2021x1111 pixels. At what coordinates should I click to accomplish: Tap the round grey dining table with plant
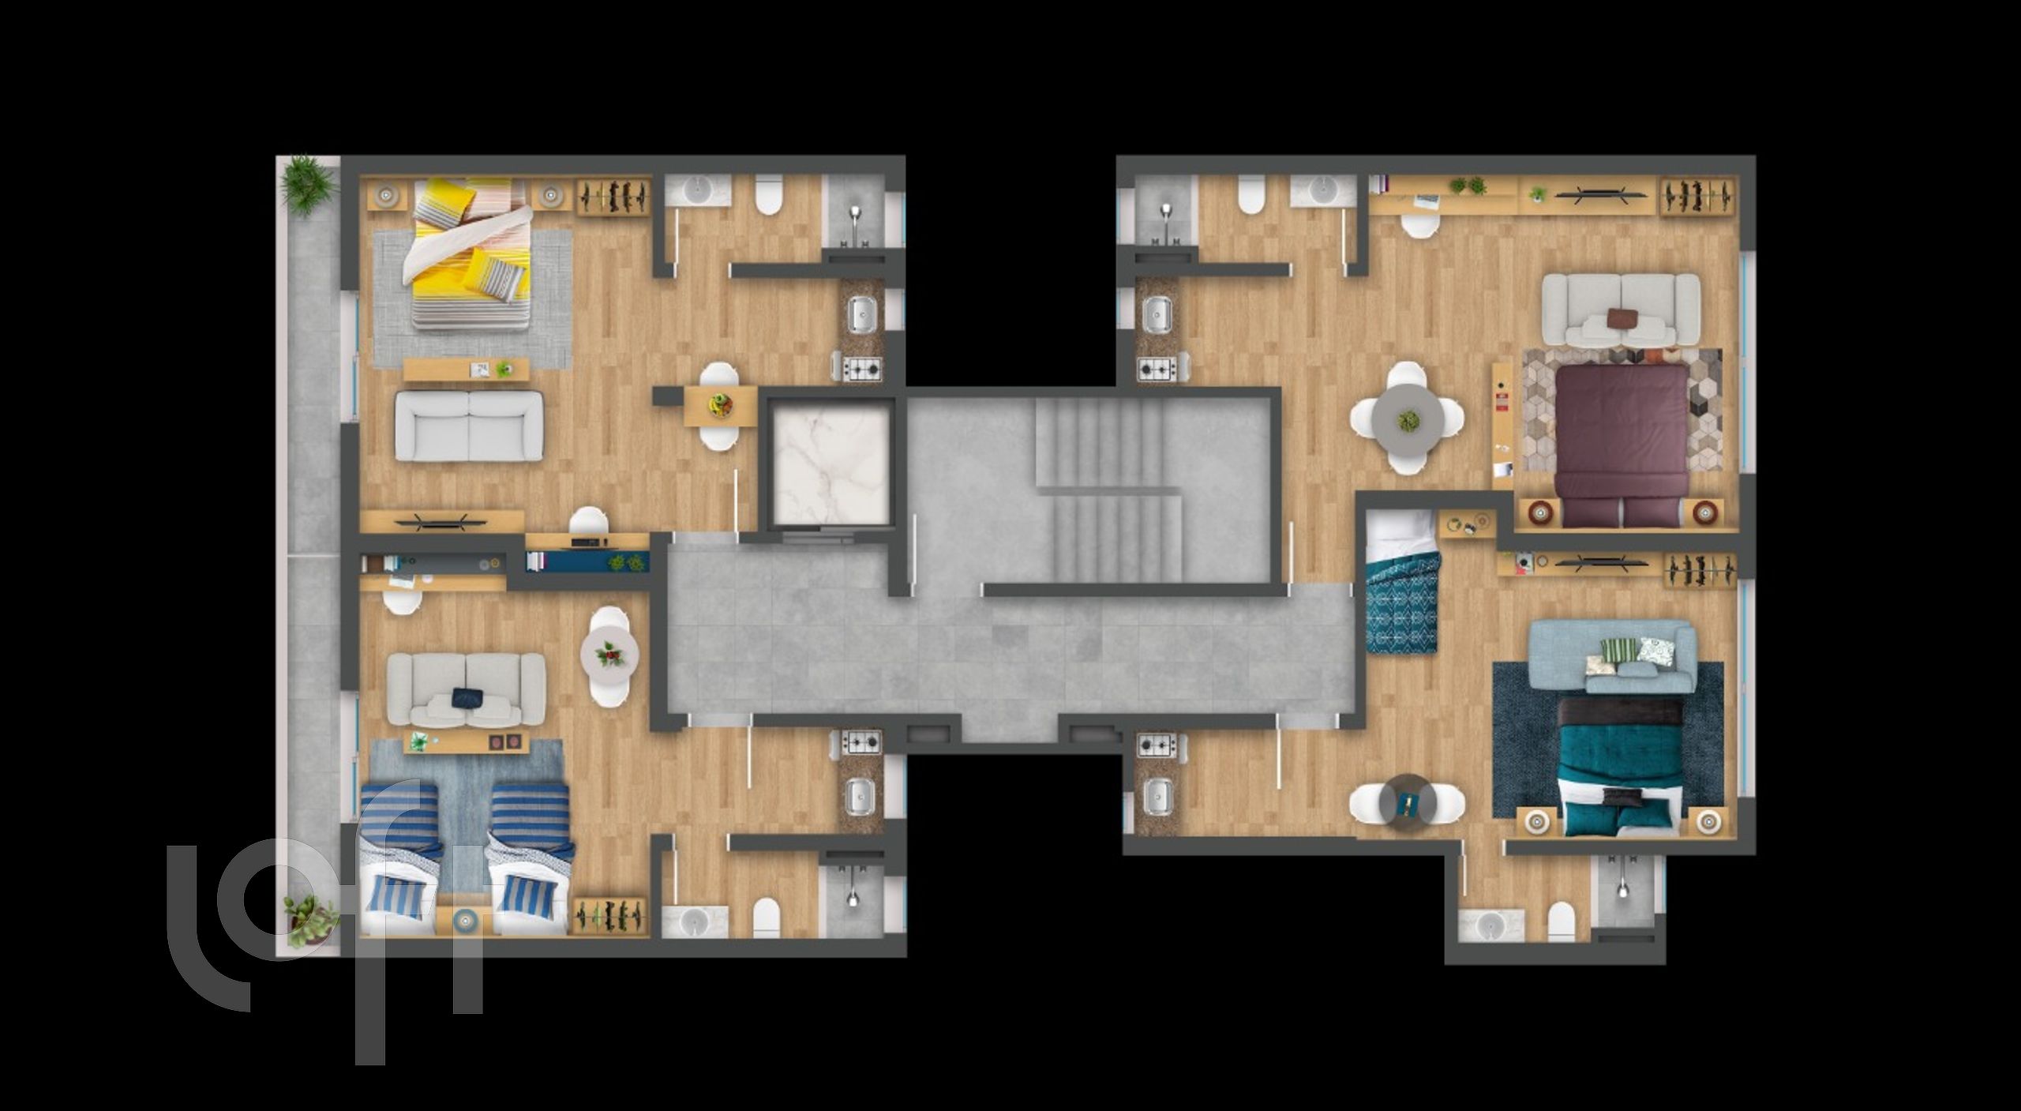tap(1408, 419)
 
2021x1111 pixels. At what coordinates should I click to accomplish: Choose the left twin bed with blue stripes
tap(400, 860)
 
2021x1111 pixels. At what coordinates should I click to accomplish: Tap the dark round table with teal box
tap(1407, 804)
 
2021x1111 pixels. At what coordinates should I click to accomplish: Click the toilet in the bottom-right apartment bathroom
tap(1561, 923)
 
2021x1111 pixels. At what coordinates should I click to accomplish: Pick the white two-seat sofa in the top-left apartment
tap(469, 426)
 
